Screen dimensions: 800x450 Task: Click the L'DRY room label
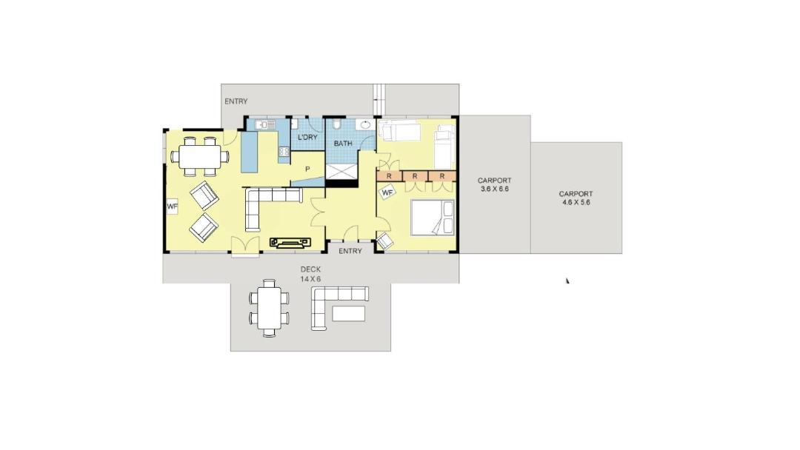pos(307,137)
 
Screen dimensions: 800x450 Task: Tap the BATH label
pos(343,144)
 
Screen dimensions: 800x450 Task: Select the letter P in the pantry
pos(307,169)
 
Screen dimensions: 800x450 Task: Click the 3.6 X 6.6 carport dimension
pos(494,189)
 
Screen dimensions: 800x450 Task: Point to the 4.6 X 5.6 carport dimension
pos(576,202)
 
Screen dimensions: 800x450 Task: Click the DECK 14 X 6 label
pos(310,274)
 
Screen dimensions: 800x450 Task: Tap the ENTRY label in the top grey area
pos(236,101)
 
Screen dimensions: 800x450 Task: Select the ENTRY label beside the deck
pos(350,251)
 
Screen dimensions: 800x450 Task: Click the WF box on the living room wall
pos(172,206)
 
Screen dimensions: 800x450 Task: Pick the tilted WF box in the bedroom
pos(387,192)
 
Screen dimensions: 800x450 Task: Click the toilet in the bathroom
pos(336,125)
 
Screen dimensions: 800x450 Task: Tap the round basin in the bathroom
pos(365,124)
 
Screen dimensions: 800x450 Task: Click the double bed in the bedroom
pos(433,218)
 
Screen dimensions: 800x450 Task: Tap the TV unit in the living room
pos(290,242)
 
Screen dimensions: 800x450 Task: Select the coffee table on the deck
pos(348,313)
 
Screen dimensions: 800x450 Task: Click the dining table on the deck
pos(270,309)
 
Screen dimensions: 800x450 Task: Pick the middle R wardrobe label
pos(415,176)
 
